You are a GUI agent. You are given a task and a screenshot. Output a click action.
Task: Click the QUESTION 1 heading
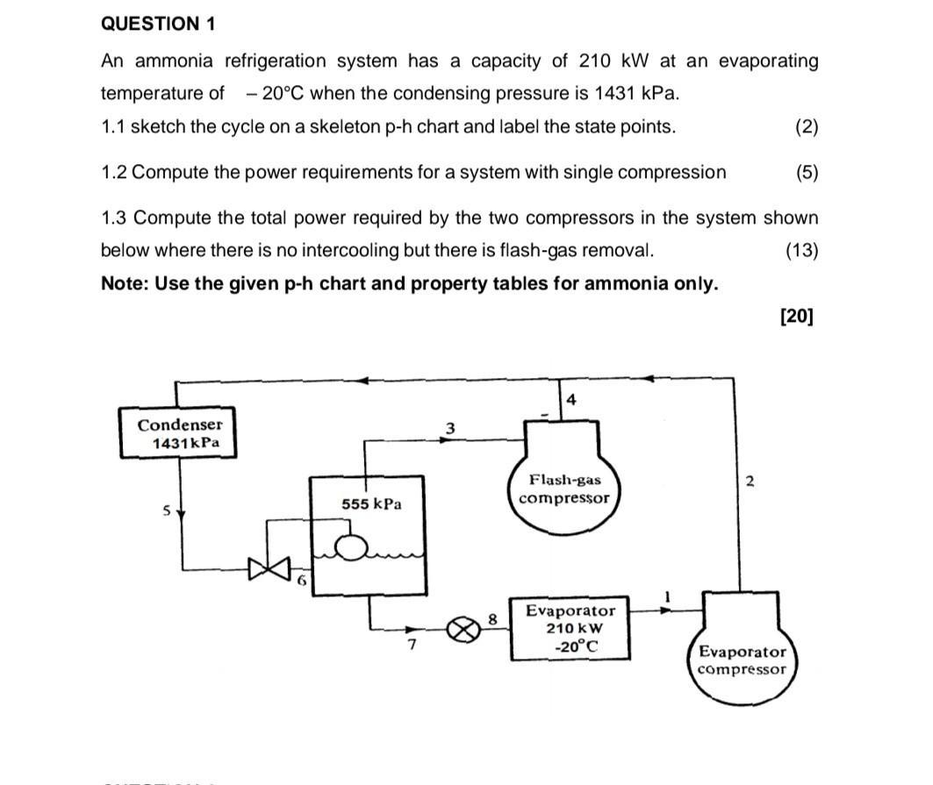[158, 24]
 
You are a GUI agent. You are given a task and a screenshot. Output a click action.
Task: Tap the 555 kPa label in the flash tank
[372, 504]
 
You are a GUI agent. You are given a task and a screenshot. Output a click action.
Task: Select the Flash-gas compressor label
[563, 489]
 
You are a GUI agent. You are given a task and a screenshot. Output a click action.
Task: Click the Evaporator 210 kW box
[571, 629]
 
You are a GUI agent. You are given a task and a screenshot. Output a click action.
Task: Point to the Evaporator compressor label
[743, 660]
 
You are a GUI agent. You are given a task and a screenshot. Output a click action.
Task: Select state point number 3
[450, 428]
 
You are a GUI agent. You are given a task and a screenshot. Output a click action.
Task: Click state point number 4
[571, 400]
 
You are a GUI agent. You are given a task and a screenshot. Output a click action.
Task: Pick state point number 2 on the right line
[749, 481]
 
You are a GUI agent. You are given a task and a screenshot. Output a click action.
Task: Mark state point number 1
[666, 596]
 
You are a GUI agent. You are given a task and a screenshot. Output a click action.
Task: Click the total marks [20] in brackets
[796, 316]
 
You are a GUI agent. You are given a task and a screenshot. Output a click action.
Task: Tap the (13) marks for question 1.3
[802, 251]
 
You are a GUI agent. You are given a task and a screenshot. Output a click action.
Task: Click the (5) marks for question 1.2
[807, 172]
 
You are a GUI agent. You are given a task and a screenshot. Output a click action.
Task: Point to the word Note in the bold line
[125, 283]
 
